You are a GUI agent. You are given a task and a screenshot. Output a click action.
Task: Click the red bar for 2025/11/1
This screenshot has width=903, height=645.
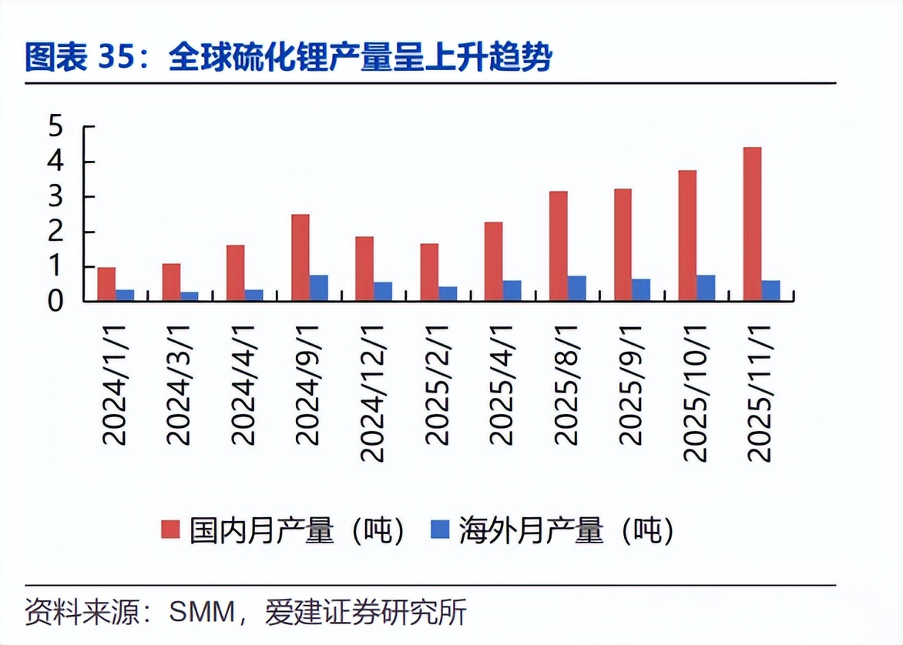752,223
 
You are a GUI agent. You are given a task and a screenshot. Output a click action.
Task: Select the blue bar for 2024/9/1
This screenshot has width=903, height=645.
318,288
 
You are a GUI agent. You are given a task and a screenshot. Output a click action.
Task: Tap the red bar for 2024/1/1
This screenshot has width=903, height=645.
106,283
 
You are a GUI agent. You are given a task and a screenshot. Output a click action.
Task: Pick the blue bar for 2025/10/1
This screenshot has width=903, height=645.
706,288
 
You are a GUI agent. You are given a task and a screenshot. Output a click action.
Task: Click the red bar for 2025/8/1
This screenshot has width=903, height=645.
559,246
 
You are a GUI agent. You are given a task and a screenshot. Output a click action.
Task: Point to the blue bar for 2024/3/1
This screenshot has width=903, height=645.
189,296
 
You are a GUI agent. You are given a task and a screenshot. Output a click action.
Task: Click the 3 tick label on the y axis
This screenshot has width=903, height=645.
55,197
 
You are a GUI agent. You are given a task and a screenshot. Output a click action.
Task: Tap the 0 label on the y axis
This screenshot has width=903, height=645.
55,302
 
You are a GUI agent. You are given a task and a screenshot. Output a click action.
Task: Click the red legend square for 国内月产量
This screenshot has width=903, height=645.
170,530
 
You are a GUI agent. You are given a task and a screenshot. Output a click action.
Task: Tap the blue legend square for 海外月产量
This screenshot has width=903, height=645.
439,530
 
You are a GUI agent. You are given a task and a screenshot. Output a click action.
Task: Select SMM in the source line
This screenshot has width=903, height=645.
201,613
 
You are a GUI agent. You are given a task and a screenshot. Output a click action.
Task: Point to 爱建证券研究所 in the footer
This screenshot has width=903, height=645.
365,613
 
